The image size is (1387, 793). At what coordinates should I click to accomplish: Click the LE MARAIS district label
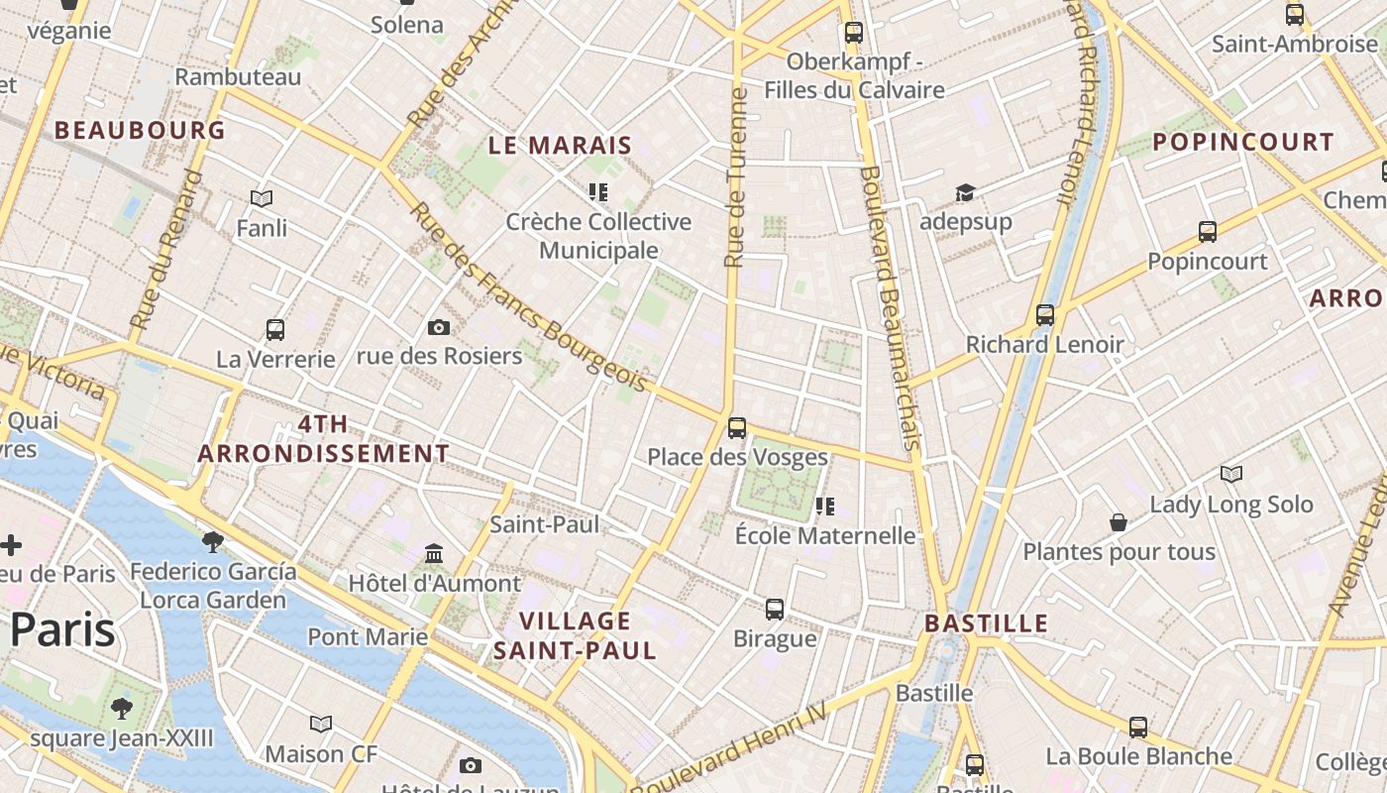click(560, 146)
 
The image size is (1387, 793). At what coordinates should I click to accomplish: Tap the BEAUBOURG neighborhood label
click(140, 130)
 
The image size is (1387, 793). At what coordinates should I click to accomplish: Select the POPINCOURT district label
click(1243, 142)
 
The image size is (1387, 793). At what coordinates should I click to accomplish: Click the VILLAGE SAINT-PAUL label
click(575, 635)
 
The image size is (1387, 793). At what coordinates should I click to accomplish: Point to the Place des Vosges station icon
click(736, 428)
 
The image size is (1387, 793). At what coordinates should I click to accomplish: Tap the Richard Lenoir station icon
click(1044, 315)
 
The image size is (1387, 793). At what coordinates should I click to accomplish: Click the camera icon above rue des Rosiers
click(438, 327)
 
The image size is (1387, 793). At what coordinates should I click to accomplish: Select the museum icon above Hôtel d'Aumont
click(433, 553)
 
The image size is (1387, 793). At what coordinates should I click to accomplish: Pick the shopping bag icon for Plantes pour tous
click(1119, 521)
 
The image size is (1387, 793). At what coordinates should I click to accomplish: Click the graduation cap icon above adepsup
click(964, 192)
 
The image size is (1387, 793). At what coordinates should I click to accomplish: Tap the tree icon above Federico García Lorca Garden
click(212, 541)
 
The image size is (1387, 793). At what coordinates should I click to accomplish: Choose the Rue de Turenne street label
click(734, 178)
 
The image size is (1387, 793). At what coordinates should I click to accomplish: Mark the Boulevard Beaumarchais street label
click(891, 307)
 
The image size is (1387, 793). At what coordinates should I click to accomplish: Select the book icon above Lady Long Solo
click(1230, 475)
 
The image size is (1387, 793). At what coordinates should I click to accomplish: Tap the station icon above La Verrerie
click(275, 329)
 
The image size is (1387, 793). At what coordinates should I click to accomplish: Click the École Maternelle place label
click(824, 535)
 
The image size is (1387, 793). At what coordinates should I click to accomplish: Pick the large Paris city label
click(63, 630)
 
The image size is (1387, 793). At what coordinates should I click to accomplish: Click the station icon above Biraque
click(775, 609)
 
